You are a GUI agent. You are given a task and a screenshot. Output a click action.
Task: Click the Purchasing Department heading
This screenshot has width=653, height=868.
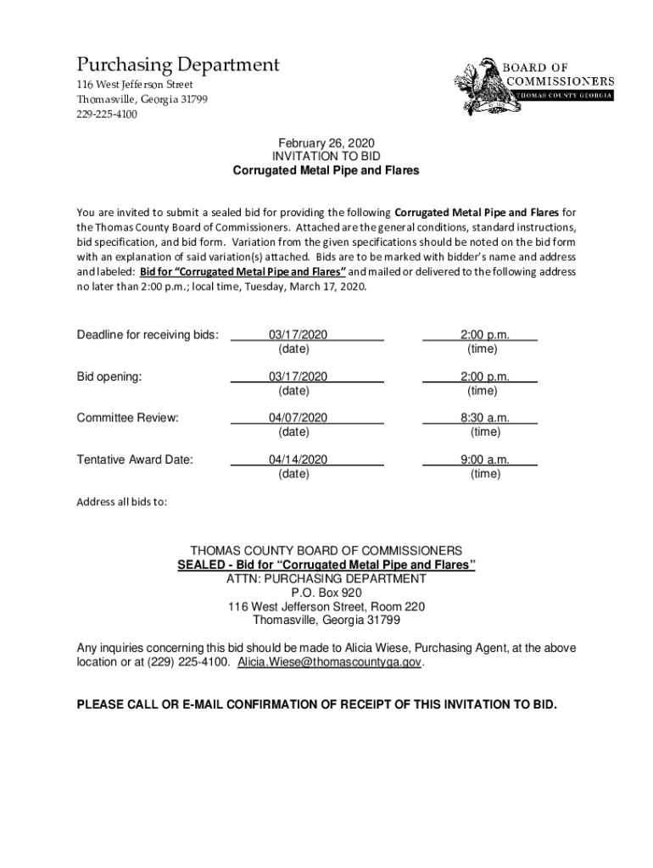click(x=178, y=64)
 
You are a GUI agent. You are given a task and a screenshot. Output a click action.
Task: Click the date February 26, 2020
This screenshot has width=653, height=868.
click(x=326, y=143)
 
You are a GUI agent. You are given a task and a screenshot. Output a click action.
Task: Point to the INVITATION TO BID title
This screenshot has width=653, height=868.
click(x=326, y=157)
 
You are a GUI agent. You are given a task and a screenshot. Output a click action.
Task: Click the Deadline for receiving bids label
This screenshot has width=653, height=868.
click(x=148, y=335)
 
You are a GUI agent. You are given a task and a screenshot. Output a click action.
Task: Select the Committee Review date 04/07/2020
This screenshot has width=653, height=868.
click(x=298, y=418)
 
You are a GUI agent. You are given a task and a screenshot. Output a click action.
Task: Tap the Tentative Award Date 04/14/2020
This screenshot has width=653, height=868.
click(x=298, y=459)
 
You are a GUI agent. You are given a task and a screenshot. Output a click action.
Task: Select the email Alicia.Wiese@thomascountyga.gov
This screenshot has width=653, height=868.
click(x=329, y=662)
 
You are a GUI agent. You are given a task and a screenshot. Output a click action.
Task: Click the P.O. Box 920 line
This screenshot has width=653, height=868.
click(x=326, y=593)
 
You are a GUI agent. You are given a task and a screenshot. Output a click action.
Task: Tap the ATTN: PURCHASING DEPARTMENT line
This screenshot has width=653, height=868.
click(x=326, y=579)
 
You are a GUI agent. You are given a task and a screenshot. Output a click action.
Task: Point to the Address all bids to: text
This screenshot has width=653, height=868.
click(x=122, y=501)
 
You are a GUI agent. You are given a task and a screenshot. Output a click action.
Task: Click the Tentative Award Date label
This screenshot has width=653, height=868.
click(x=135, y=459)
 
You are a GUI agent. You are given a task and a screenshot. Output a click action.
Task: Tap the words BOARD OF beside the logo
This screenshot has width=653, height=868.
click(x=538, y=67)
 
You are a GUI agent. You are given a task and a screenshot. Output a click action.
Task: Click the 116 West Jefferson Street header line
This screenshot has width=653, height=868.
click(x=135, y=85)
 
